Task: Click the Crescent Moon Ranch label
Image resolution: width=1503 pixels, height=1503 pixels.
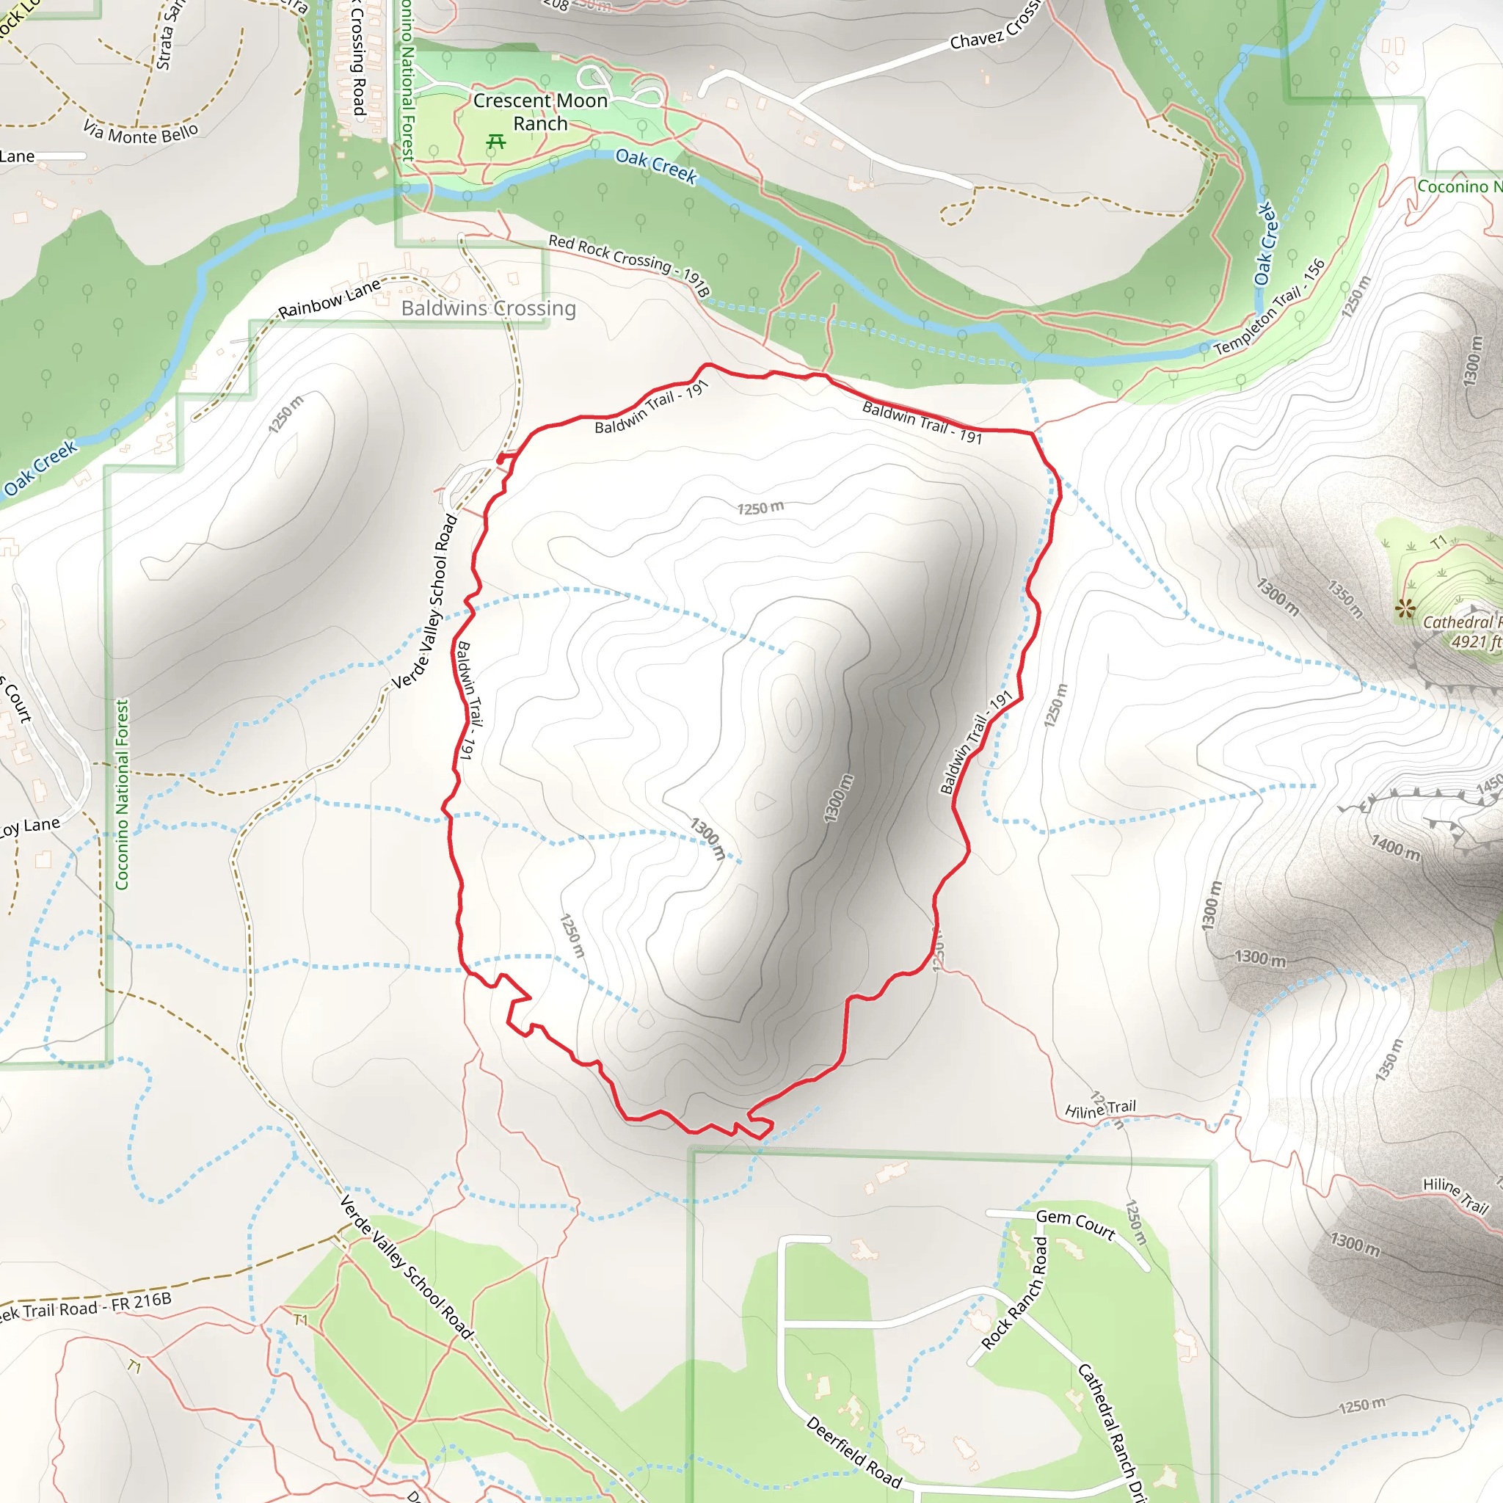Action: [540, 112]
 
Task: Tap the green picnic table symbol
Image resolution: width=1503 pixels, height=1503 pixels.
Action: [495, 142]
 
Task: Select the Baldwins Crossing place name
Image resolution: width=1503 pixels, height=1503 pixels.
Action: [489, 309]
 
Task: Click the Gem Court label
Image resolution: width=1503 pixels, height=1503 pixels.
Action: [1075, 1223]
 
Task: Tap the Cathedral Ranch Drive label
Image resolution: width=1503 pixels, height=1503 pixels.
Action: [1112, 1431]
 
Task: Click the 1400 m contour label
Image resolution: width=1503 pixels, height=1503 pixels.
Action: [1395, 847]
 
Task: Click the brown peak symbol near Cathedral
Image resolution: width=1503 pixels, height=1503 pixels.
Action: [1405, 608]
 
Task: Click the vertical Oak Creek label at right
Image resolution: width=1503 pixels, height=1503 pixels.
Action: [1265, 244]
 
